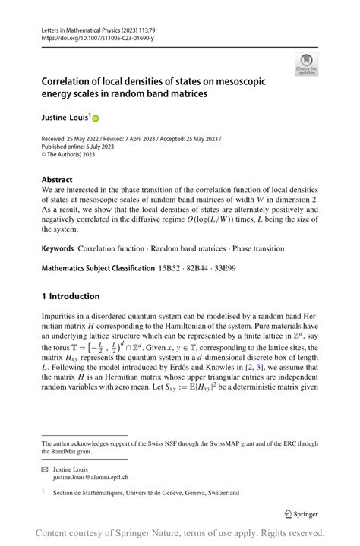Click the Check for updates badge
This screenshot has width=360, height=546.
[306, 65]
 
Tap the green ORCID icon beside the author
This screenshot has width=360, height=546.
[96, 119]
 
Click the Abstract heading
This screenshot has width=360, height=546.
[58, 181]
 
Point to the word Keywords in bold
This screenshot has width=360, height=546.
[58, 248]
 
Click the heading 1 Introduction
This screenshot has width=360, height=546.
[71, 296]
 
